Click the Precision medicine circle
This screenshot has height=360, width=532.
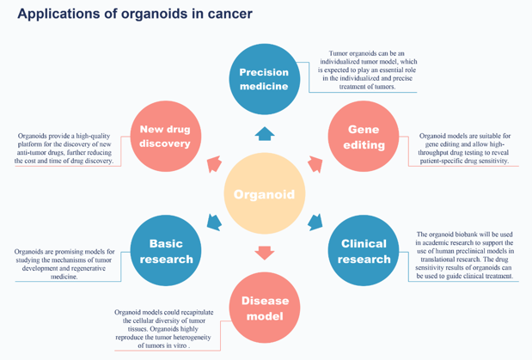(x=264, y=80)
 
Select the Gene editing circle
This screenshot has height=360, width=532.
(x=364, y=137)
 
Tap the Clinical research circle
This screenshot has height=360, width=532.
(x=364, y=251)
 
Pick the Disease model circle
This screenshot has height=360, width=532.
(x=265, y=308)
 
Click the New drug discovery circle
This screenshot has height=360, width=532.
(x=165, y=137)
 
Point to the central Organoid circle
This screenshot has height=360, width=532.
(x=265, y=194)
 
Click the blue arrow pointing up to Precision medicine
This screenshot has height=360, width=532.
(x=265, y=133)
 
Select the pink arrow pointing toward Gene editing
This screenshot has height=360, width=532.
(x=315, y=164)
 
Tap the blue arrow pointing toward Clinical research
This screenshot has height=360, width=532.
(x=315, y=223)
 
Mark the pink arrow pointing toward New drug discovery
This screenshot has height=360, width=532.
(x=213, y=164)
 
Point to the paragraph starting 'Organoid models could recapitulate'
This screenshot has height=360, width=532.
(x=166, y=328)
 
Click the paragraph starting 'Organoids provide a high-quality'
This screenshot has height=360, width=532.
(x=64, y=148)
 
